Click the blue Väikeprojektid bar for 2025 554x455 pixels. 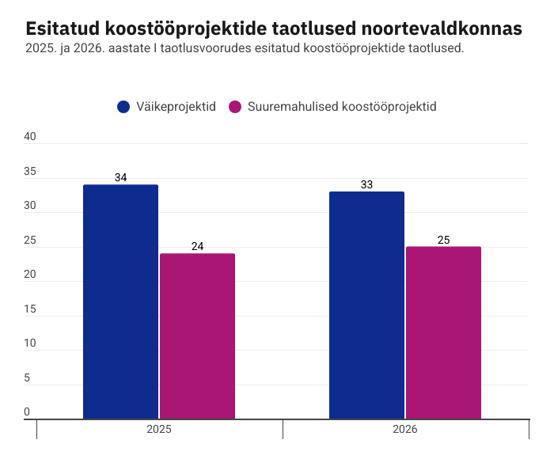tap(120, 301)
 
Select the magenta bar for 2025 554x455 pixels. tap(197, 336)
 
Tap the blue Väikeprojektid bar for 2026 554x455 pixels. tap(366, 305)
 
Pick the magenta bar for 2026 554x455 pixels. tap(443, 332)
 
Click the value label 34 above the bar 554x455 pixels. tap(120, 177)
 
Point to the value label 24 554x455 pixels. tap(197, 246)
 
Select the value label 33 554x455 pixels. tap(366, 184)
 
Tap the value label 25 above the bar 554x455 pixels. tap(443, 240)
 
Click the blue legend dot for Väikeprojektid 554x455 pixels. tap(123, 107)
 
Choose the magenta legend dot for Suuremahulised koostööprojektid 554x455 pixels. tap(234, 107)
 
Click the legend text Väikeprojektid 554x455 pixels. tap(176, 107)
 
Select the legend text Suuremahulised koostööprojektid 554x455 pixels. tap(342, 107)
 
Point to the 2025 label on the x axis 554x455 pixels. tap(159, 430)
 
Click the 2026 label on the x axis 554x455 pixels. tap(405, 430)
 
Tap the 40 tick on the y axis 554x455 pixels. tap(30, 136)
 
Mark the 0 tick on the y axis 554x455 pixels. tap(26, 411)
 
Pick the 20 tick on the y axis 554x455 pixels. tap(30, 274)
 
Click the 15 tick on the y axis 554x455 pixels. tap(30, 309)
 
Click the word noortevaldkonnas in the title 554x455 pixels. tap(442, 28)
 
